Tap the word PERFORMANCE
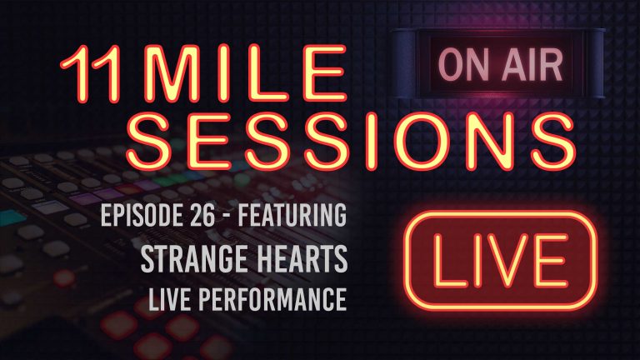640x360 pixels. click(277, 297)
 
